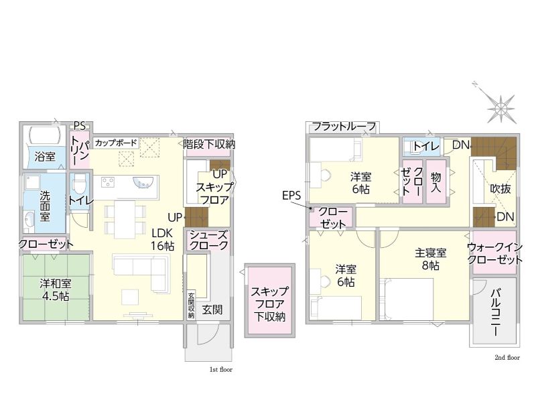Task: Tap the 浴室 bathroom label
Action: click(x=45, y=157)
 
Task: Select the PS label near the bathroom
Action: click(x=80, y=126)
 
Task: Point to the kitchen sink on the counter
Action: click(x=142, y=182)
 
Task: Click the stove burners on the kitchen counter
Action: click(x=108, y=182)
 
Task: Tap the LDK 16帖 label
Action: click(x=163, y=239)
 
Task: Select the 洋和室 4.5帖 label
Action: click(x=56, y=289)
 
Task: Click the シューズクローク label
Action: click(x=208, y=240)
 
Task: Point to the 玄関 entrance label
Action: click(x=212, y=310)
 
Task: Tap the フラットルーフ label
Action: click(x=344, y=127)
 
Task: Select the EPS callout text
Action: click(x=291, y=196)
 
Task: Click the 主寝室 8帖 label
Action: click(x=430, y=259)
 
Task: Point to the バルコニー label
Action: click(x=495, y=312)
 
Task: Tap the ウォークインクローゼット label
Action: click(x=494, y=253)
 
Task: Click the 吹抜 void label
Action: click(x=500, y=188)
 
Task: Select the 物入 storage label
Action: click(x=436, y=182)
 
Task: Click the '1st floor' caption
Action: click(x=221, y=370)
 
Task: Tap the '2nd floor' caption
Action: click(x=507, y=358)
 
